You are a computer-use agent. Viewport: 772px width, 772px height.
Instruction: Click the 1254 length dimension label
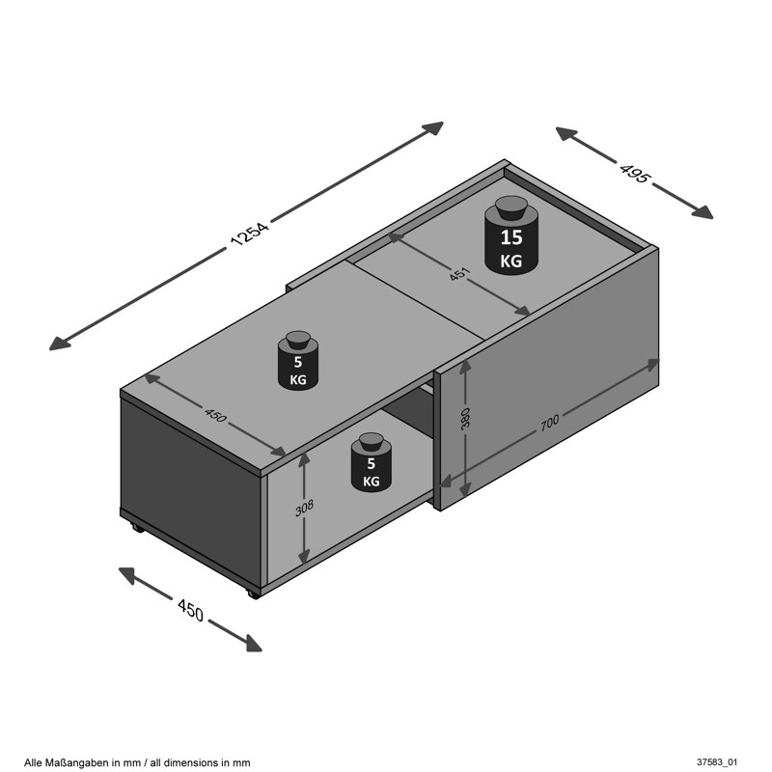pos(250,234)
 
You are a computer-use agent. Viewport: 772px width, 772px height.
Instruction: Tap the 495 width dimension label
pos(635,172)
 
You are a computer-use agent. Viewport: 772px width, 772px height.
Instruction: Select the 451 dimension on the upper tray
pos(460,274)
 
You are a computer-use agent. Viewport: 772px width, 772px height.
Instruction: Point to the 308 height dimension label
pos(304,508)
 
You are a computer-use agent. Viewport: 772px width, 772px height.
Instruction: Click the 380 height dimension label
pos(465,418)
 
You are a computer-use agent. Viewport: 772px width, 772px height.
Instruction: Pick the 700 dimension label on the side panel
pos(549,423)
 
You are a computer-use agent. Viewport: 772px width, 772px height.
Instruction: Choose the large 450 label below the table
pos(190,610)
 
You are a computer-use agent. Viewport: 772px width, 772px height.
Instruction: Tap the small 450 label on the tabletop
pos(215,416)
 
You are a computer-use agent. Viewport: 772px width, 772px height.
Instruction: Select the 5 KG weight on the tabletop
pos(298,360)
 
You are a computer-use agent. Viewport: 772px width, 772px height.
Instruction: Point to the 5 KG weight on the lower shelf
pos(372,462)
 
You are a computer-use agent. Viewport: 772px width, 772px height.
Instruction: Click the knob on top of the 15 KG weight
pos(511,207)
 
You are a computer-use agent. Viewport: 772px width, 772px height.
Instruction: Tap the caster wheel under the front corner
pos(253,594)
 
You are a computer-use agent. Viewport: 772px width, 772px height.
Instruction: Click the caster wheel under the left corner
pos(137,528)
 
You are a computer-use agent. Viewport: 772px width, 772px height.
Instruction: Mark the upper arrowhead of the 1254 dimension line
pos(432,128)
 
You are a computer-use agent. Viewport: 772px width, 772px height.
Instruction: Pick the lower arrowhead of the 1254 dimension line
pos(60,344)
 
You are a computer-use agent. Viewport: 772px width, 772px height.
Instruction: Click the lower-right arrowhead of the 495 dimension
pos(702,211)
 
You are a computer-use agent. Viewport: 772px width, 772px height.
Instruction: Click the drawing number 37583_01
pos(717,762)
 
